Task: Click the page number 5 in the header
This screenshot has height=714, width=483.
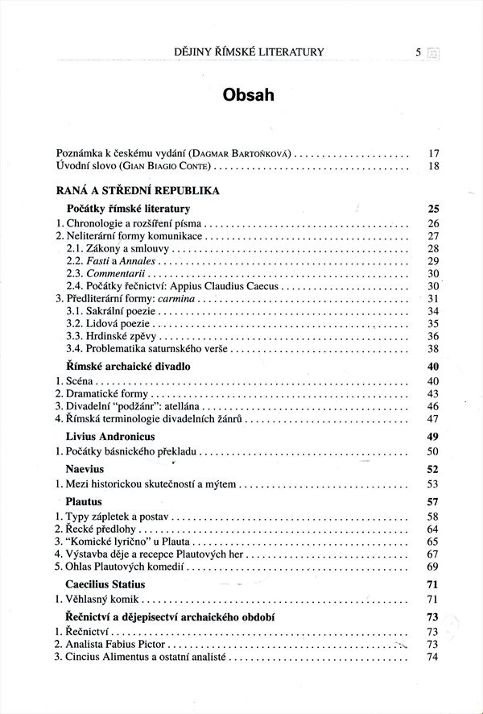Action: (419, 52)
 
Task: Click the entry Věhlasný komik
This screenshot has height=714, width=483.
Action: (103, 600)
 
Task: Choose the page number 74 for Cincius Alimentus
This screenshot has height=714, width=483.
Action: (432, 658)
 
